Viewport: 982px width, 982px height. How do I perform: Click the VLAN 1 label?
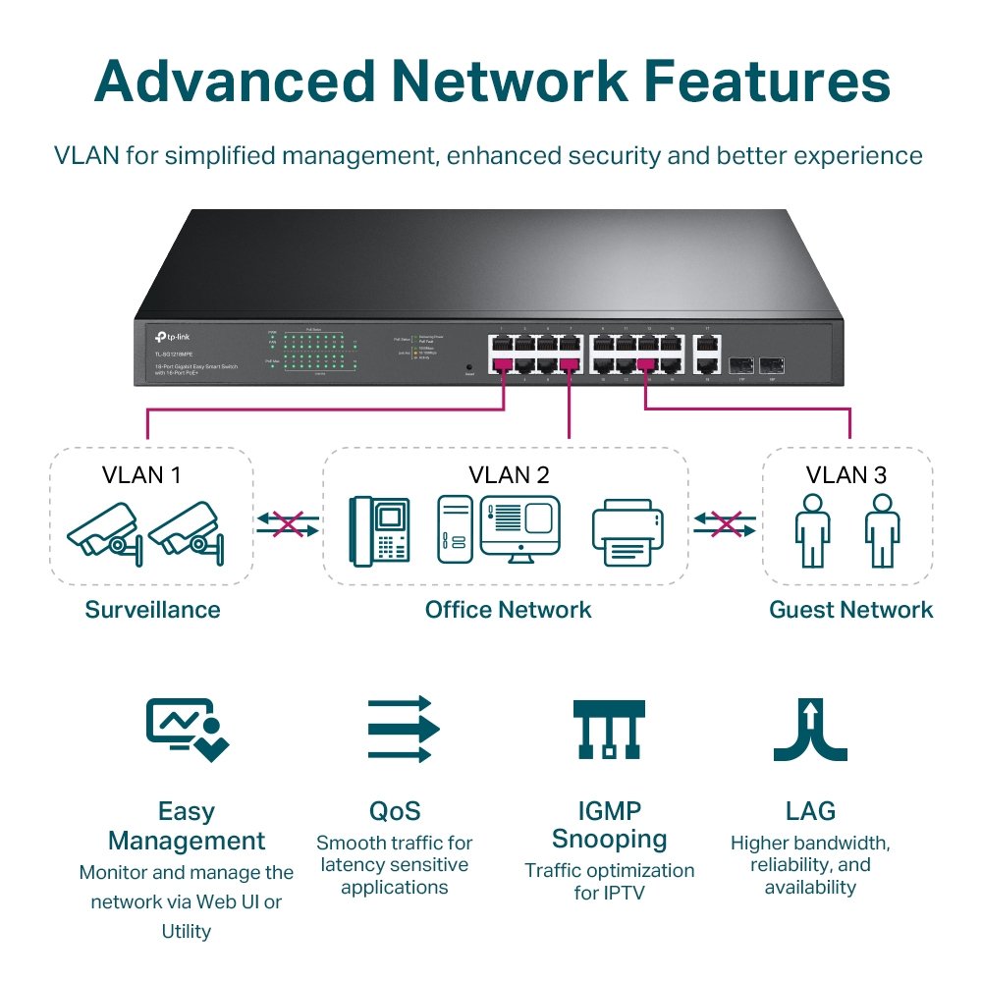141,475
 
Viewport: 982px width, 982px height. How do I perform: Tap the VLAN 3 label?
846,475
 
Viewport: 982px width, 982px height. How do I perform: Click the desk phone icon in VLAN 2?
380,530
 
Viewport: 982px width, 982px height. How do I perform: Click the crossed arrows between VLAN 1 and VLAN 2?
288,523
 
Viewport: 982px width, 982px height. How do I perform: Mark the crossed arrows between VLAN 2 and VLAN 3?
725,523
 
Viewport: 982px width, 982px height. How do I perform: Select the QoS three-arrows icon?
401,729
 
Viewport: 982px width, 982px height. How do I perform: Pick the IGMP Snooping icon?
609,729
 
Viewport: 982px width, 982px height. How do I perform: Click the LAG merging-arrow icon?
809,729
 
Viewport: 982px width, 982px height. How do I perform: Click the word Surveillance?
152,610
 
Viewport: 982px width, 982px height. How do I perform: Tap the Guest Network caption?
850,610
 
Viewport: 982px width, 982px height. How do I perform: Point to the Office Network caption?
508,610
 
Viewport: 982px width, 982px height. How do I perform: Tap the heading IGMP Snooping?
609,825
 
